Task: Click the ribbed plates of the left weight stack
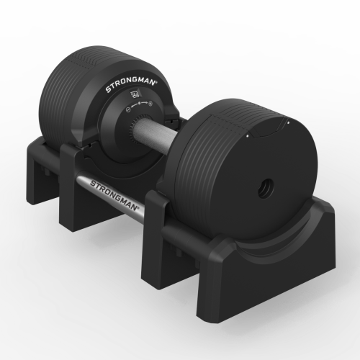pos(68,94)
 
